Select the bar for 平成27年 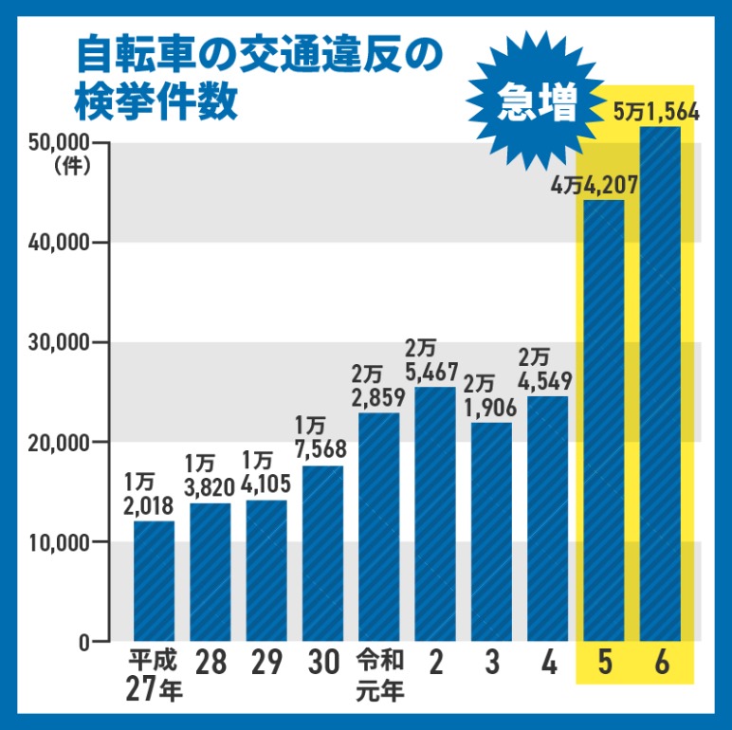(x=154, y=580)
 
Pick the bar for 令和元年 (x=379, y=527)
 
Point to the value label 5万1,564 (x=656, y=113)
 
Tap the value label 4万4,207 (x=595, y=185)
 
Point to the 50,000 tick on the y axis (x=61, y=143)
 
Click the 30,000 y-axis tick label (x=61, y=342)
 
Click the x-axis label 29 (x=267, y=664)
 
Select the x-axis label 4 (x=548, y=664)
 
